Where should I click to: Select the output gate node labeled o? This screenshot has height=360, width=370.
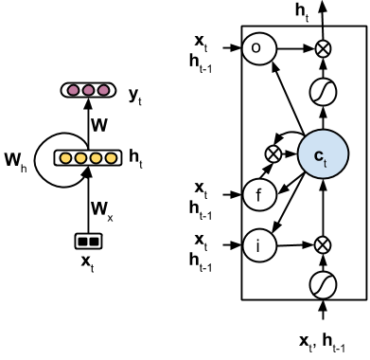pyautogui.click(x=257, y=47)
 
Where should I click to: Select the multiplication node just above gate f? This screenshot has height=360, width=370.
pyautogui.click(x=275, y=152)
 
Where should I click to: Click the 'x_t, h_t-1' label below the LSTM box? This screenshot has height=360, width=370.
pyautogui.click(x=321, y=343)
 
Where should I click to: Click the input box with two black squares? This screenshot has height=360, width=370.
pyautogui.click(x=86, y=240)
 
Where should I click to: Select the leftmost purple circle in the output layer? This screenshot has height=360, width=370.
pyautogui.click(x=71, y=91)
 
